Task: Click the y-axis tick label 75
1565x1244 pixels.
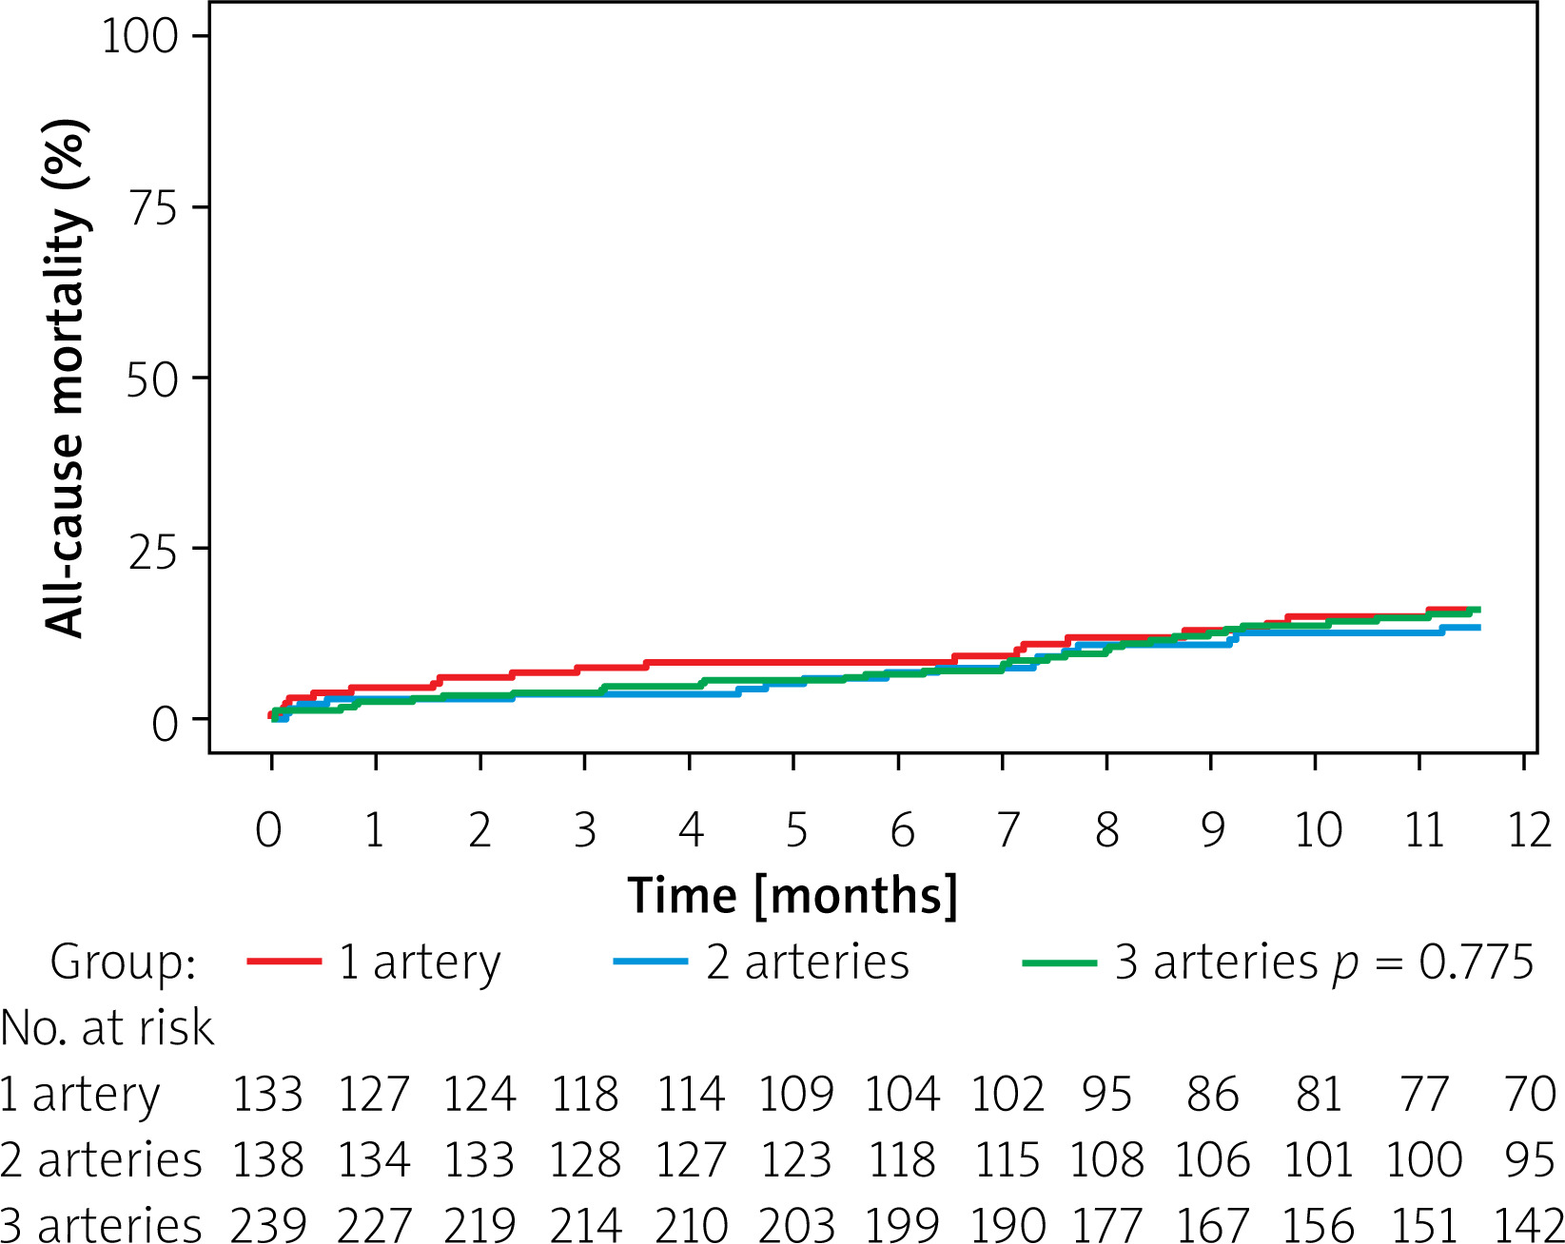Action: click(x=152, y=207)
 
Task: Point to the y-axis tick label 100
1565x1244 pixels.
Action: click(x=140, y=37)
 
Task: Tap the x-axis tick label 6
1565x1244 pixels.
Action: click(x=902, y=830)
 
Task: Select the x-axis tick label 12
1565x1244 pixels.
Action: click(x=1529, y=830)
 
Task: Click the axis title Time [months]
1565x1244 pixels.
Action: click(x=792, y=896)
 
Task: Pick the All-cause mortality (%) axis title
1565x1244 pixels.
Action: click(x=67, y=378)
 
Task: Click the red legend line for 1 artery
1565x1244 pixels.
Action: click(x=284, y=962)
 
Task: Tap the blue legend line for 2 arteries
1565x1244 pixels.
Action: click(x=651, y=962)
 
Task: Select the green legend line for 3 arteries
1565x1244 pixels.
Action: click(x=1059, y=962)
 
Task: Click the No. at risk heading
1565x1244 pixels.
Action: click(x=107, y=1028)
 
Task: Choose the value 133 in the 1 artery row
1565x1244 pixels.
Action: click(x=267, y=1095)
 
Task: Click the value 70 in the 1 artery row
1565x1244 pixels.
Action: click(x=1530, y=1095)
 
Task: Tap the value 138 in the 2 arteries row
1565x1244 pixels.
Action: click(x=267, y=1160)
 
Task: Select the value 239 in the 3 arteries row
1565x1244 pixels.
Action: click(x=267, y=1225)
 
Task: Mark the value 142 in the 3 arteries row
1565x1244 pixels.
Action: click(x=1528, y=1225)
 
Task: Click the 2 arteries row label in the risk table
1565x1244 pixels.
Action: click(x=101, y=1160)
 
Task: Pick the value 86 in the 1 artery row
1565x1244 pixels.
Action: click(x=1212, y=1095)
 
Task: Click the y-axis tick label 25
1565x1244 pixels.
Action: click(x=152, y=550)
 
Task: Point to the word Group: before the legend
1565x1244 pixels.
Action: click(x=123, y=962)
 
